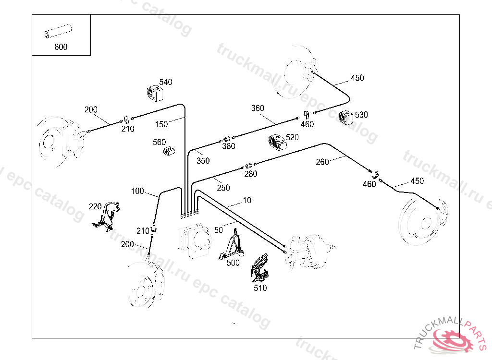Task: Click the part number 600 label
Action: (61, 47)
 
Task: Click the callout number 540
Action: (166, 82)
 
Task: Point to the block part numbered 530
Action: (346, 118)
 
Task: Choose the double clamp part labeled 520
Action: (277, 142)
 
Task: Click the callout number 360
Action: (258, 108)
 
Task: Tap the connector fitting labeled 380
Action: (227, 140)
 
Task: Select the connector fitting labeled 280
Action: (248, 166)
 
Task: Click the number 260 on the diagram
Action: (322, 162)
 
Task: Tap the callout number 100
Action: (137, 191)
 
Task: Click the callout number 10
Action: (246, 200)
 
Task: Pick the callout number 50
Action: (219, 230)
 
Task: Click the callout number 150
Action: (161, 124)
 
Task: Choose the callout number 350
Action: (203, 161)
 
